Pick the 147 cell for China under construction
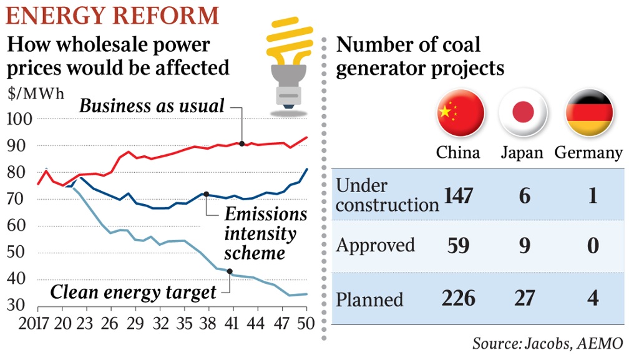pos(458,196)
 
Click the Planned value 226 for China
pos(458,298)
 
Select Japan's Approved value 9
pos(524,245)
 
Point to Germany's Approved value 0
pos(592,245)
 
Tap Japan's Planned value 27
pos(524,298)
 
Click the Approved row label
pos(375,245)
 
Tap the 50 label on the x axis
pos(305,324)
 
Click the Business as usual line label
pos(151,106)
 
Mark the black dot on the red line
pos(241,144)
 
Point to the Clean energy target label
pos(133,291)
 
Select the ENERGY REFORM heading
pos(113,15)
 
